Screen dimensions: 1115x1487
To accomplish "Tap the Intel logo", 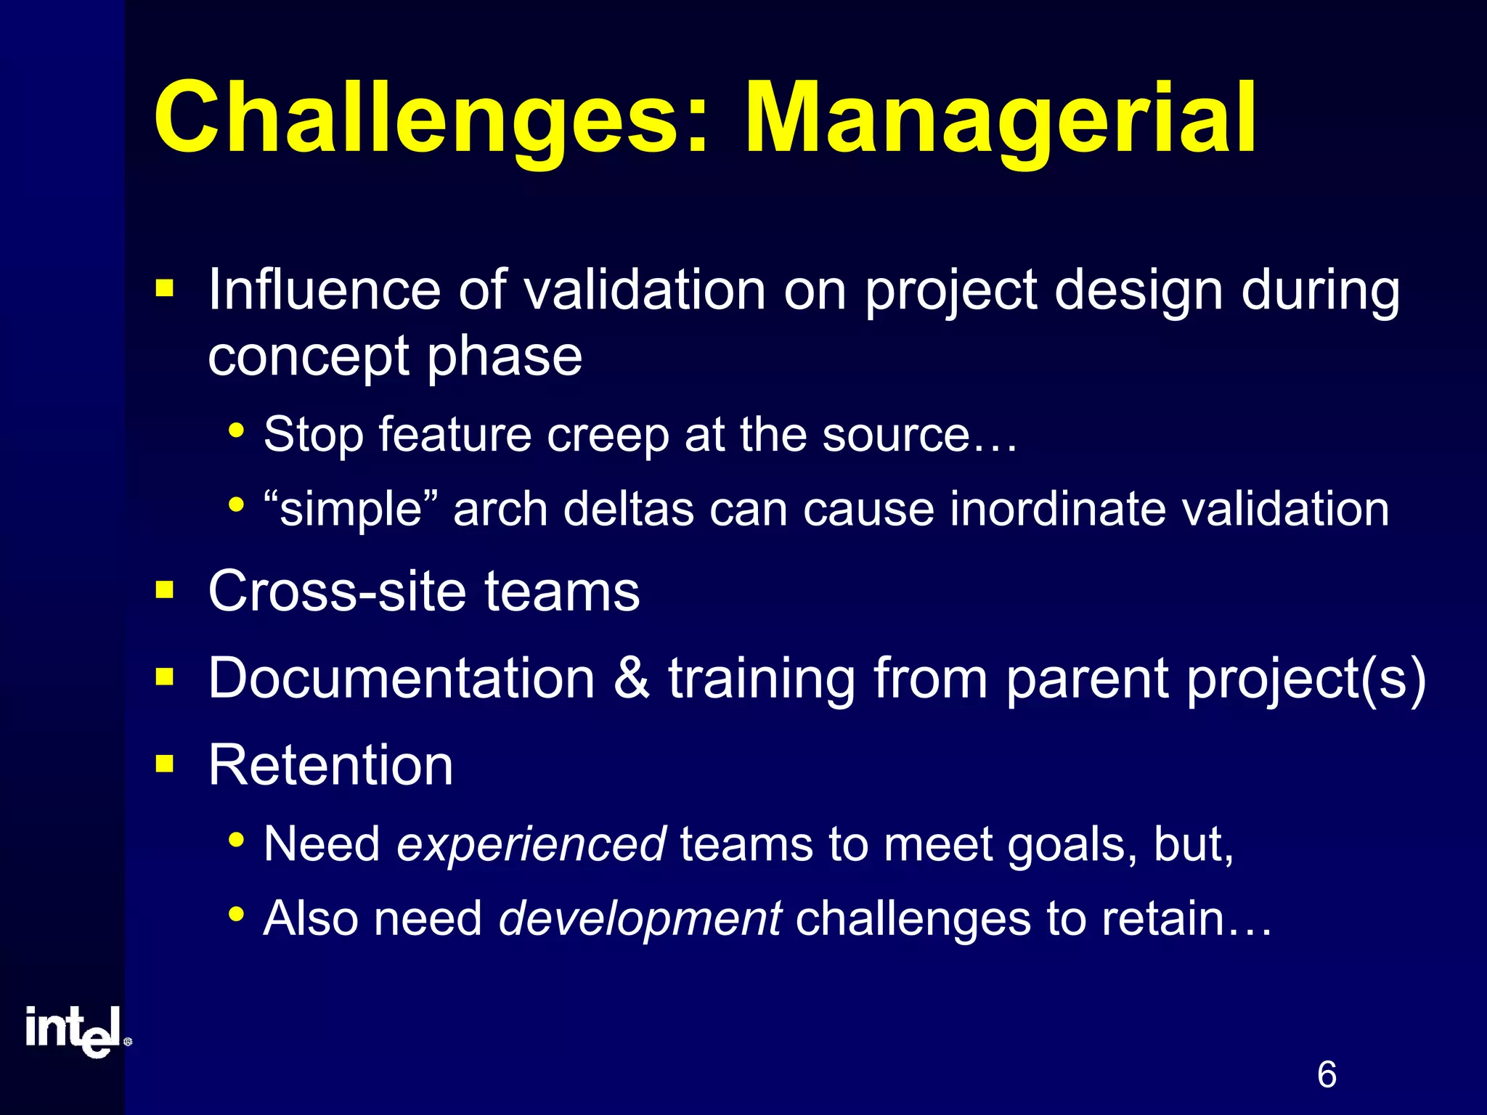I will pyautogui.click(x=76, y=1031).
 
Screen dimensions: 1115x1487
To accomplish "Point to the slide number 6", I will pyautogui.click(x=1326, y=1075).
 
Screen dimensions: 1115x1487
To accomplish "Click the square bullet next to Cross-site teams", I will pyautogui.click(x=165, y=590).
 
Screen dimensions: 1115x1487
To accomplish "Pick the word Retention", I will pyautogui.click(x=330, y=765).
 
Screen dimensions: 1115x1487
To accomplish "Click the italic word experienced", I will pyautogui.click(x=531, y=844).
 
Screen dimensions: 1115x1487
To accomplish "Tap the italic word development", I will pyautogui.click(x=640, y=918).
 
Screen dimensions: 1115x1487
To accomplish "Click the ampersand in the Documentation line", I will pyautogui.click(x=631, y=678).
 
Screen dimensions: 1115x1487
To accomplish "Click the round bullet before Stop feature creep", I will pyautogui.click(x=235, y=430).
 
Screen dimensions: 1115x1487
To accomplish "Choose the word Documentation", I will pyautogui.click(x=401, y=678).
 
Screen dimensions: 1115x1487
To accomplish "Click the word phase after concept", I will pyautogui.click(x=504, y=358).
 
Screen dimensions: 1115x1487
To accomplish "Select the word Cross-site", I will pyautogui.click(x=337, y=591).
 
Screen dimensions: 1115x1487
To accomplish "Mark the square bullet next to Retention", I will pyautogui.click(x=165, y=764).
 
